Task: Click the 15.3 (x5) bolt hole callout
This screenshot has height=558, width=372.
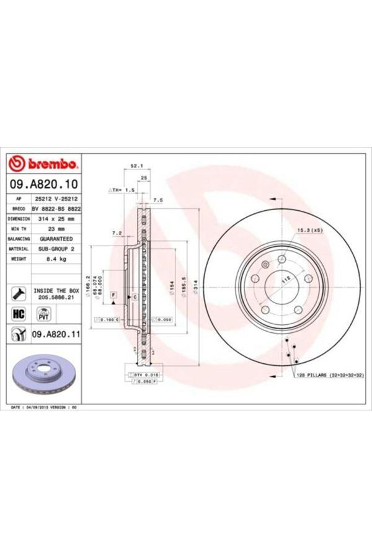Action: click(x=309, y=231)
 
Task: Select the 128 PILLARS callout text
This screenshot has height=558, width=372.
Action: click(x=329, y=376)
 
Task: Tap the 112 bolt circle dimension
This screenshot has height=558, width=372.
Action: click(x=286, y=280)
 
